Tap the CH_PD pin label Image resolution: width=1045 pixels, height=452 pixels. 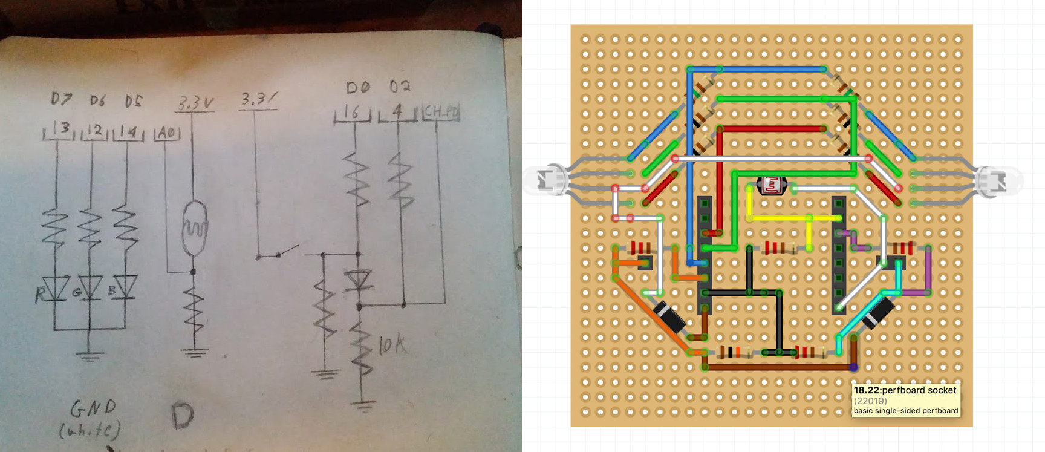coord(441,112)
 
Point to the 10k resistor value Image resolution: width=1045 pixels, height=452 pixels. coord(392,346)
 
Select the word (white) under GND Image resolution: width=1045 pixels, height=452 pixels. coord(90,430)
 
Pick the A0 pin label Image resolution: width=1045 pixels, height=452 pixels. coord(168,133)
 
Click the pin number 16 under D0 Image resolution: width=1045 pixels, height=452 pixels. coord(351,112)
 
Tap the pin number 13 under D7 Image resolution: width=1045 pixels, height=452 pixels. coord(61,129)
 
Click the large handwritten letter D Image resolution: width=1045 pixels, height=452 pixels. coord(182,416)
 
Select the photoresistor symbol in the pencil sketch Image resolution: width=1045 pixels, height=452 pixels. coord(194,227)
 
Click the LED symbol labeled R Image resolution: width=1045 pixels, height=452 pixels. coord(58,288)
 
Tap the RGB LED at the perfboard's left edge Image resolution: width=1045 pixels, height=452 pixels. coord(547,180)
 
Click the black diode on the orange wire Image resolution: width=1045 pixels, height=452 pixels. coord(671,316)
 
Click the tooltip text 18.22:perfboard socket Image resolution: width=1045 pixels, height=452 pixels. coord(905,390)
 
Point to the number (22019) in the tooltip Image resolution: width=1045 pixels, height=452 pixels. coord(870,401)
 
